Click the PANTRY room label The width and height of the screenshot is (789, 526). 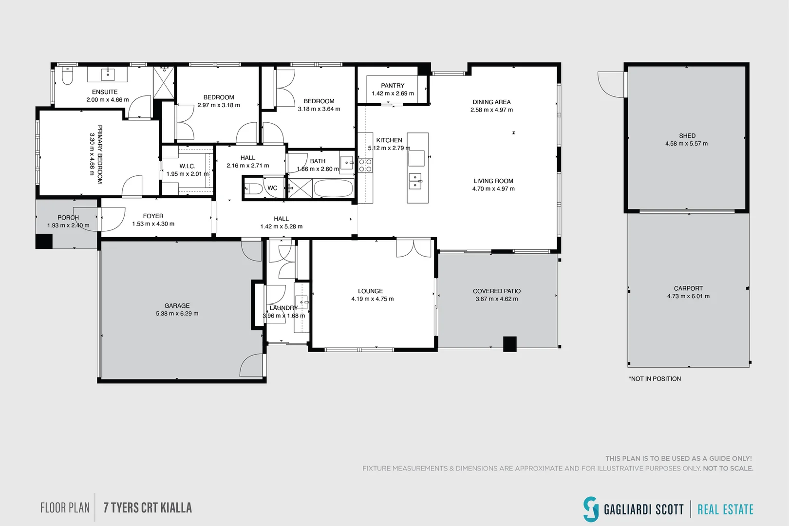pos(393,86)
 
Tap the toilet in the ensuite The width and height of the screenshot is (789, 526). pos(67,75)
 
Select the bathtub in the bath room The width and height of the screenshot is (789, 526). pos(333,188)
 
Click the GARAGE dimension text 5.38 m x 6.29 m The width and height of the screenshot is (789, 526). pos(177,314)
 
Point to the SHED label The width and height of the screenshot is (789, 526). pos(687,136)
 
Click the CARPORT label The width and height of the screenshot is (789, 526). pos(688,288)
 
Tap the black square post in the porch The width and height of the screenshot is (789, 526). pos(44,241)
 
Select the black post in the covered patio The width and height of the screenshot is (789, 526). pos(509,344)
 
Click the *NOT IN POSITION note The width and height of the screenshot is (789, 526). pos(655,378)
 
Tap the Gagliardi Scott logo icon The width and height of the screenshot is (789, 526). pos(591,509)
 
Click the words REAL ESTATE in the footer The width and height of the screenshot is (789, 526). pos(725,509)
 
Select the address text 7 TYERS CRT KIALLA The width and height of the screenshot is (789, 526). pos(148,508)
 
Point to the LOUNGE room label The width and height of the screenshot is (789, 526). pos(370,291)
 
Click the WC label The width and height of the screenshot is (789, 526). pos(272,188)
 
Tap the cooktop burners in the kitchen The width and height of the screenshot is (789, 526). pos(365,166)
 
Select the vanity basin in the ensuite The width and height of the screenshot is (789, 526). pos(107,74)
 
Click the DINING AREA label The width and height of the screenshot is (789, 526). pos(491,102)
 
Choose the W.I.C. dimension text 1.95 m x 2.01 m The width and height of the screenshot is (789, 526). pos(188,174)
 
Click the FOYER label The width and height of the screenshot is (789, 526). pos(153,216)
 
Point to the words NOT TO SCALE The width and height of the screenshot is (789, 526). pos(728,469)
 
